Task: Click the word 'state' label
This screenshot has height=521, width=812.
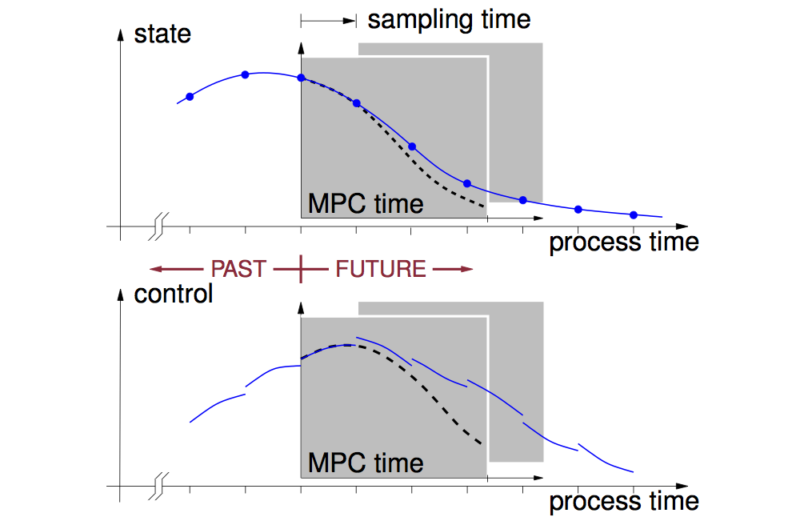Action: pos(162,34)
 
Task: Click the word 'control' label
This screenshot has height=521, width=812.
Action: pos(174,294)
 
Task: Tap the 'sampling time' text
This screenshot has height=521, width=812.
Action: pos(449,21)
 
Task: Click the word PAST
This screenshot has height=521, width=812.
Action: pos(238,270)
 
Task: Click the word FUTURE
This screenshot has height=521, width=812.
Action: pos(381,270)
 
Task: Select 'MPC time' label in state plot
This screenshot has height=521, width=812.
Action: pos(366,203)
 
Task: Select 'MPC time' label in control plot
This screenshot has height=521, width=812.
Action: pos(366,463)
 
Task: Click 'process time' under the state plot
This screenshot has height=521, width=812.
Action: pos(624,242)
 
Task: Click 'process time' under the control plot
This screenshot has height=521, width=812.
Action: pos(624,502)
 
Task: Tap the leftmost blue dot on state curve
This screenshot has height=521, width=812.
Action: pos(190,97)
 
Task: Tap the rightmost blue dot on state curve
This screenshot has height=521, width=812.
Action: pos(634,215)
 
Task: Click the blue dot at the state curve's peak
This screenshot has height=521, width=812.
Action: pos(246,74)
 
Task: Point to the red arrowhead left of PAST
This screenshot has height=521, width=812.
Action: pos(155,269)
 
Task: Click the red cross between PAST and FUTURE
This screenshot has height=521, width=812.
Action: pos(301,270)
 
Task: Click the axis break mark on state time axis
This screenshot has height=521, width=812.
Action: pos(158,226)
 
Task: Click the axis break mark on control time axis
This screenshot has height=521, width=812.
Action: pos(158,487)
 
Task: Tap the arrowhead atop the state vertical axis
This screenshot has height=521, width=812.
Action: pos(121,34)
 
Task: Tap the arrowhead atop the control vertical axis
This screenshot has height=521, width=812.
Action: pos(121,295)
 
